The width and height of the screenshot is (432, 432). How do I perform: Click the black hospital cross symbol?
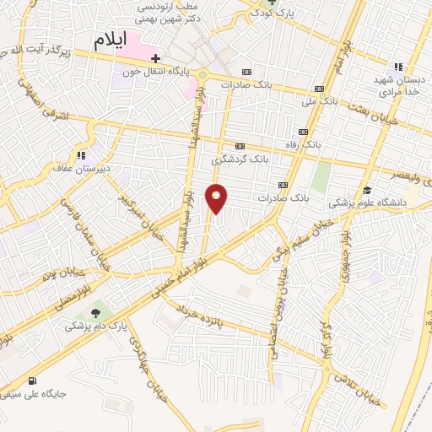pos(155,57)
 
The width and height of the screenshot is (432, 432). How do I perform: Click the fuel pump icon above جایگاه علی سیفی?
pos(32,381)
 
